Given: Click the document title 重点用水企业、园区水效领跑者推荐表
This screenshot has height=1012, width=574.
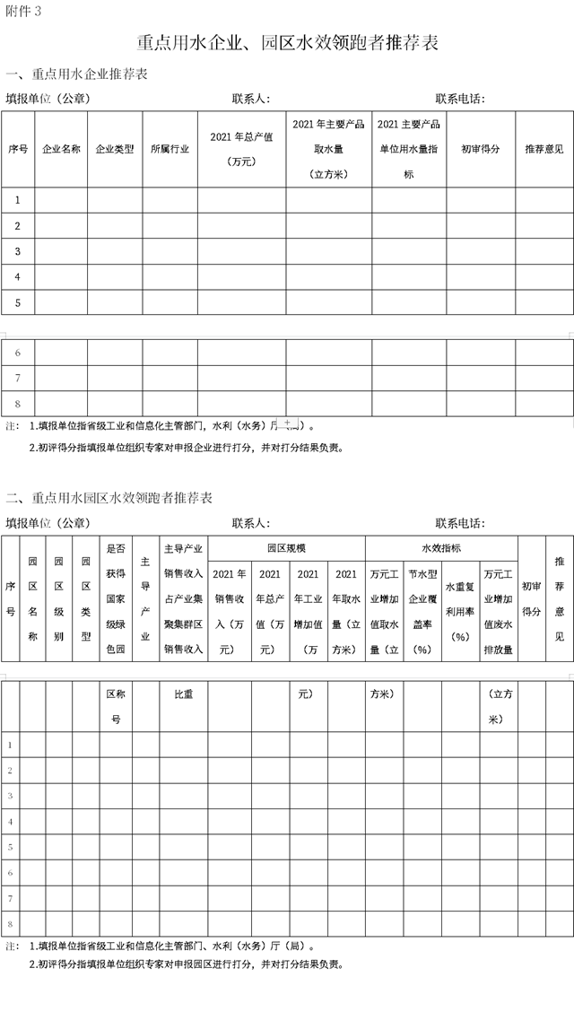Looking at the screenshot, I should click(287, 42).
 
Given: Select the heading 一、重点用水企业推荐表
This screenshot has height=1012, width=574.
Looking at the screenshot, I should click(77, 74).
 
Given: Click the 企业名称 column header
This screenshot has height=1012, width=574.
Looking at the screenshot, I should click(62, 149).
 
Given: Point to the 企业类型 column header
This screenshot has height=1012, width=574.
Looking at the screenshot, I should click(115, 149).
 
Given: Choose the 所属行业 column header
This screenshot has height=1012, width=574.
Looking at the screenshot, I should click(170, 149).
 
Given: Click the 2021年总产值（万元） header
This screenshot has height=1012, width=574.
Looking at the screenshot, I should click(241, 149).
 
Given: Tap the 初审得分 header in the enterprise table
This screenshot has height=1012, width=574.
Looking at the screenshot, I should click(480, 149).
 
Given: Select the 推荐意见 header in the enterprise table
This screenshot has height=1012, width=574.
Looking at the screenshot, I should click(544, 149).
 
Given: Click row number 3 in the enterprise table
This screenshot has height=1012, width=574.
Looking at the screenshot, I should click(18, 250).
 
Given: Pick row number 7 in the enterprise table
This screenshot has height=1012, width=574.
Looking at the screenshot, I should click(18, 378).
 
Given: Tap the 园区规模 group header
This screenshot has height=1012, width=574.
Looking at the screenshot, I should click(286, 547).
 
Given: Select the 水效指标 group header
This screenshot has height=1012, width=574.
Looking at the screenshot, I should click(441, 547).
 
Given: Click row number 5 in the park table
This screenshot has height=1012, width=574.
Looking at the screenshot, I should click(10, 846).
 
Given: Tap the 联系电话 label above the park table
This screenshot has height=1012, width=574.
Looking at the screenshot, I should click(460, 523).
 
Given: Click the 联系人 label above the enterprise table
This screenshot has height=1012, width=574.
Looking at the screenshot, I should click(251, 98).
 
